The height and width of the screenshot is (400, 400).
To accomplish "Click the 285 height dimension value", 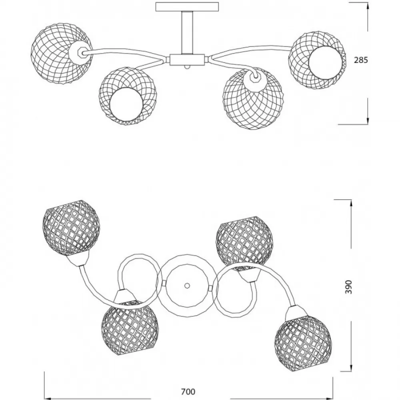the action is click(361, 60).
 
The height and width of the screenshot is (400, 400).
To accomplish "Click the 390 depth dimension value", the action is click(348, 287).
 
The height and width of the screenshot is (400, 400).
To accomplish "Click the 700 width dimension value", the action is click(188, 392).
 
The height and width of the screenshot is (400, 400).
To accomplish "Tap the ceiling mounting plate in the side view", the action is click(187, 7).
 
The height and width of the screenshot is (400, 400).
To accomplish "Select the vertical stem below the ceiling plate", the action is click(187, 33).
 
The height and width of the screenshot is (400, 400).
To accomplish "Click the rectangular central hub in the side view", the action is click(187, 60).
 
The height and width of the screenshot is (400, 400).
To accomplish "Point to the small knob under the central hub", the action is click(187, 67).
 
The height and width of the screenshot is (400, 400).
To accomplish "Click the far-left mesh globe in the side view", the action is click(62, 53).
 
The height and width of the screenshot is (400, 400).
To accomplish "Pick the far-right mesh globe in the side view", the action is click(317, 60).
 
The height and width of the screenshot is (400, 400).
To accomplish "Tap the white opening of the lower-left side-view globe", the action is click(126, 104).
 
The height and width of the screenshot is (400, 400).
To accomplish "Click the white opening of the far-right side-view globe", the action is click(325, 63).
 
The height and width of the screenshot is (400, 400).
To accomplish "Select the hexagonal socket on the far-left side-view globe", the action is click(78, 52).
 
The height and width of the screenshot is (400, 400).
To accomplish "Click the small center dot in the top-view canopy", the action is click(187, 286).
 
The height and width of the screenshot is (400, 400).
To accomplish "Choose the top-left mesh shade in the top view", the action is click(71, 228).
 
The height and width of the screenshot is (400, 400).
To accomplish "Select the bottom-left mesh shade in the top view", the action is click(130, 328).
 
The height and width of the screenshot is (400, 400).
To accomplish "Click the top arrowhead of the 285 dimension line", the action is click(368, 6).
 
